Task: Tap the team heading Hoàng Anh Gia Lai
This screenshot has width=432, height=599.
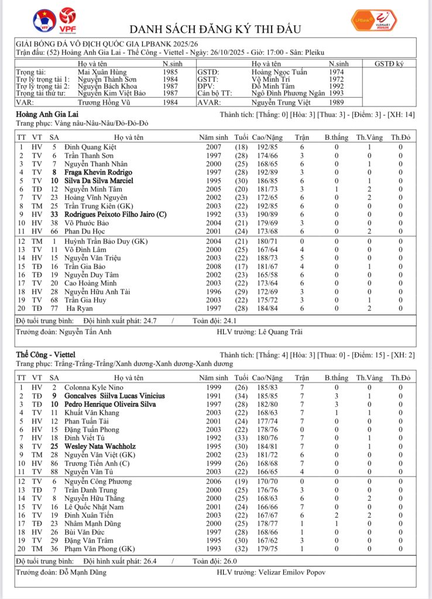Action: (x=47, y=115)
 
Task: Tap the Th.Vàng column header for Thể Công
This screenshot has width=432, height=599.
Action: (x=369, y=378)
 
